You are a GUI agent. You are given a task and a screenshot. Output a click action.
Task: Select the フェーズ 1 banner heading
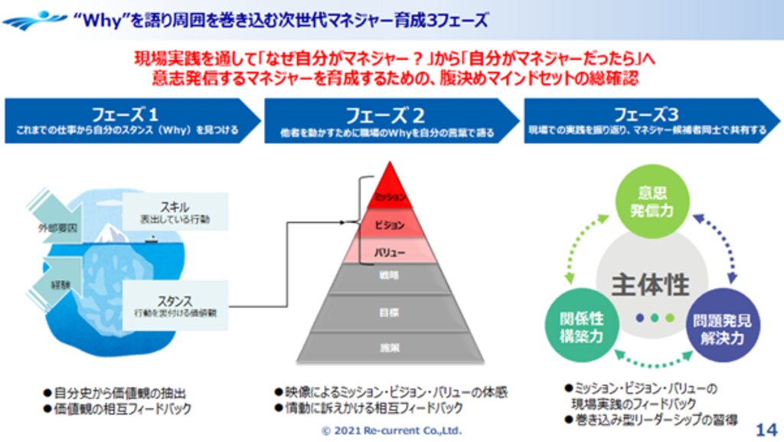(x=126, y=115)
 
